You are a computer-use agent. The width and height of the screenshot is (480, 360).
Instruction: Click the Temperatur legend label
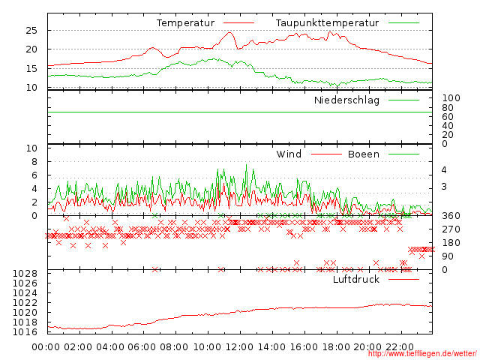pos(185,23)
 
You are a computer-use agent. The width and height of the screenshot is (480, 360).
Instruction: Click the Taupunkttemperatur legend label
pos(326,23)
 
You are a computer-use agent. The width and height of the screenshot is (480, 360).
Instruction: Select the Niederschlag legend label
pos(346,100)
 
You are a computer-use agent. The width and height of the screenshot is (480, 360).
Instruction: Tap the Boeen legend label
pos(364,154)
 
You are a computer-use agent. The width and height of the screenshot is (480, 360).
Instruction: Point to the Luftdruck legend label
pos(356,279)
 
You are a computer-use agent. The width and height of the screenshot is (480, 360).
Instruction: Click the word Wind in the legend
pos(289,154)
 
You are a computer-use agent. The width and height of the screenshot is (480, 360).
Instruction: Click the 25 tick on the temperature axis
pos(31,30)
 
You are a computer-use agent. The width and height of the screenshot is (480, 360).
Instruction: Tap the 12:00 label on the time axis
pos(239,348)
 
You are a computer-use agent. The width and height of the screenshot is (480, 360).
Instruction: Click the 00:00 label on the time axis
pos(46,348)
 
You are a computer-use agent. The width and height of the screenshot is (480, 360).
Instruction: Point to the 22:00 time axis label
pos(400,348)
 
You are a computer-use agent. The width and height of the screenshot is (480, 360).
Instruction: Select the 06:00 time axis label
pos(142,348)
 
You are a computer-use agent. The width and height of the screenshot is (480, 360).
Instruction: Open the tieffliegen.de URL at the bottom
pos(422,354)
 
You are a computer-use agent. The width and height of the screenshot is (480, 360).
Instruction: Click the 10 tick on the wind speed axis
pos(31,148)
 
